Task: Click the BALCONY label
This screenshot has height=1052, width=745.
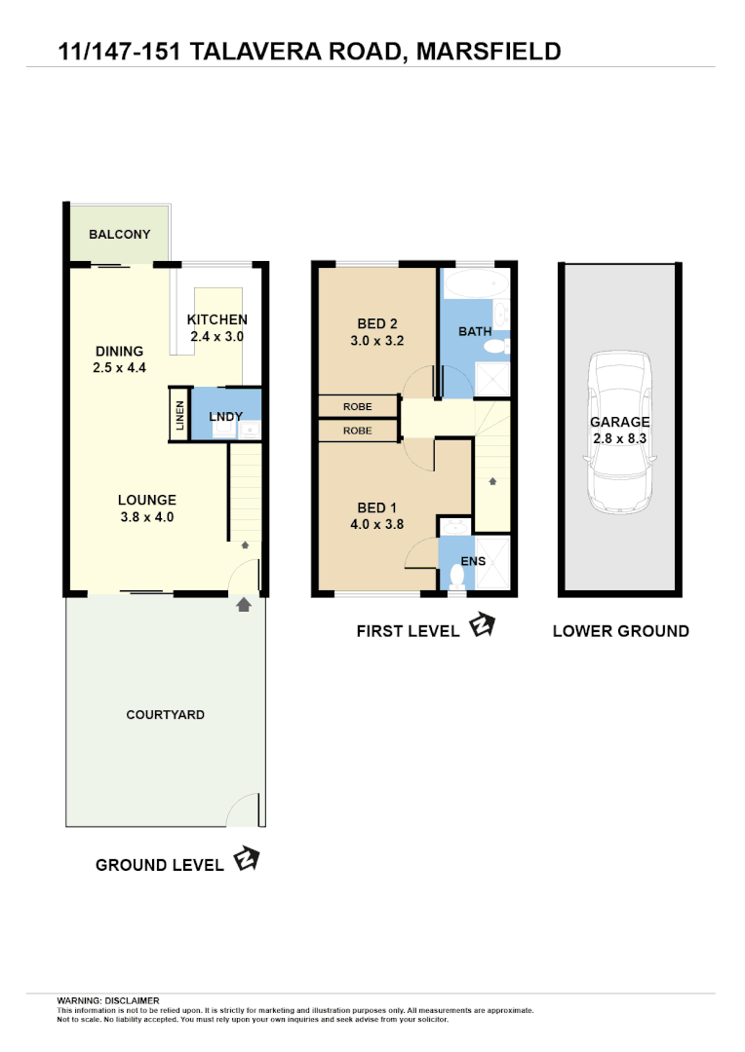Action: pyautogui.click(x=119, y=235)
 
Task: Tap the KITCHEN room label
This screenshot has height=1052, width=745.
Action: pyautogui.click(x=216, y=319)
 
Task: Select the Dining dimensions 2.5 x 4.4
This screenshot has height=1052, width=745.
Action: pyautogui.click(x=119, y=368)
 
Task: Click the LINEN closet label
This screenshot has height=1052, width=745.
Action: pyautogui.click(x=179, y=414)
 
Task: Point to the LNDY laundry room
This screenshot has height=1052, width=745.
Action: pyautogui.click(x=226, y=416)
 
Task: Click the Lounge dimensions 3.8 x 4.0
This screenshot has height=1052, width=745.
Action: pyautogui.click(x=146, y=517)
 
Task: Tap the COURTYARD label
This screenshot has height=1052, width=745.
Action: pyautogui.click(x=165, y=715)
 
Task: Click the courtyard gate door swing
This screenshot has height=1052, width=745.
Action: pyautogui.click(x=245, y=810)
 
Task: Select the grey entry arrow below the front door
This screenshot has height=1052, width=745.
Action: pyautogui.click(x=243, y=606)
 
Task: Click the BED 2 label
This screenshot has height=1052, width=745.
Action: pyautogui.click(x=376, y=324)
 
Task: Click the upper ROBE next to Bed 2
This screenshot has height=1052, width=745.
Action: pyautogui.click(x=358, y=406)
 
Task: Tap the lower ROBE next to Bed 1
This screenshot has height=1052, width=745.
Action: pyautogui.click(x=358, y=430)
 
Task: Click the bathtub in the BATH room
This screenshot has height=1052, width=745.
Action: pyautogui.click(x=474, y=286)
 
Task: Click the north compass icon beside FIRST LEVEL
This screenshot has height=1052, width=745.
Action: pyautogui.click(x=482, y=625)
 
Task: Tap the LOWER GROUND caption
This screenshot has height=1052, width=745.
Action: pyautogui.click(x=620, y=631)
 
